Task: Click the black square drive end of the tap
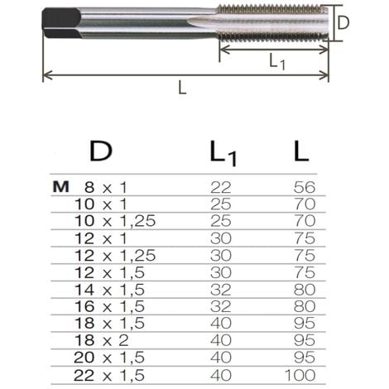pos(61,22)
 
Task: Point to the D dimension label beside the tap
pos(343,23)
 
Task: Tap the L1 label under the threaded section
pos(276,61)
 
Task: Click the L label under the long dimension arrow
pos(182,88)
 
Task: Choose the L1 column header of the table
pos(223,153)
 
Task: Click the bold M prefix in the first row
pos(60,187)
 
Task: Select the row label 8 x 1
pos(105,187)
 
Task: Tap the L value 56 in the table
pos(305,187)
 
